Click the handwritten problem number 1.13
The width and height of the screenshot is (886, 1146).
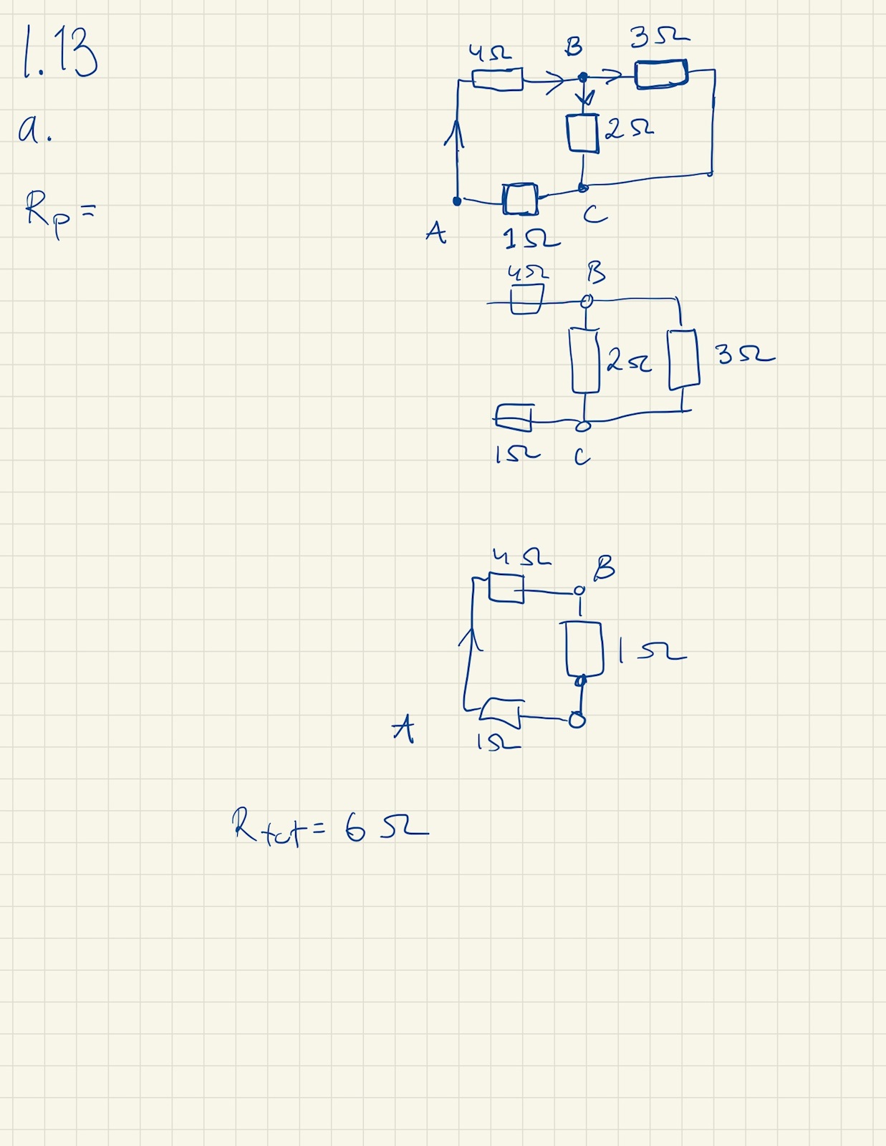click(60, 52)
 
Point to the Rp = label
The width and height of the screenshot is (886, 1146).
click(58, 212)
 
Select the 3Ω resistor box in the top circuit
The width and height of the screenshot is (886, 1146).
click(661, 74)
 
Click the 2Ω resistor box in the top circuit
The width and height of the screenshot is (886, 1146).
click(582, 133)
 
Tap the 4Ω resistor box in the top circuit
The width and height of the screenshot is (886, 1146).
click(497, 79)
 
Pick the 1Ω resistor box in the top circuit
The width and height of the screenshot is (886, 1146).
click(520, 199)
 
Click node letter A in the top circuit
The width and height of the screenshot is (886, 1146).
click(435, 232)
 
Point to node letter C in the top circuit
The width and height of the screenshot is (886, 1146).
click(594, 214)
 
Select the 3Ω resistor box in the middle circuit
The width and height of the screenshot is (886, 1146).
click(683, 360)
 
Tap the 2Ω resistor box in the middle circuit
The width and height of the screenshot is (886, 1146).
click(585, 360)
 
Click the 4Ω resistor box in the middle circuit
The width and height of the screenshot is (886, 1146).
click(526, 299)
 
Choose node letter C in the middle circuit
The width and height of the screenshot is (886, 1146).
click(582, 456)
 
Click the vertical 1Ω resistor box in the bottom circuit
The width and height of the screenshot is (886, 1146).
click(584, 649)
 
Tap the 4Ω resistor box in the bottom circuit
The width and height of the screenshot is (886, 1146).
click(506, 587)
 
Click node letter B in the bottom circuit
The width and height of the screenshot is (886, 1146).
click(603, 568)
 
